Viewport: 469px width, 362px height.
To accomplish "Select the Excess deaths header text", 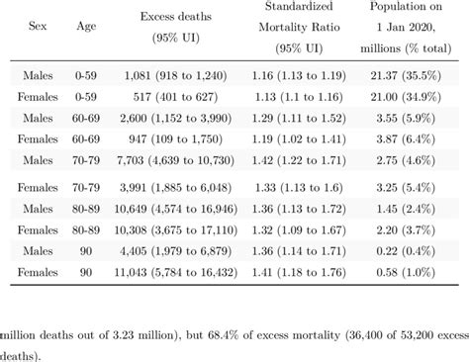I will coord(179,18).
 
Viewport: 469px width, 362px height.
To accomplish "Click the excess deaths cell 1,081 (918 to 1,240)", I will coord(179,74).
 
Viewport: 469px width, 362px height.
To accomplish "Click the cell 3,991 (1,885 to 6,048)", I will coord(179,186).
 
